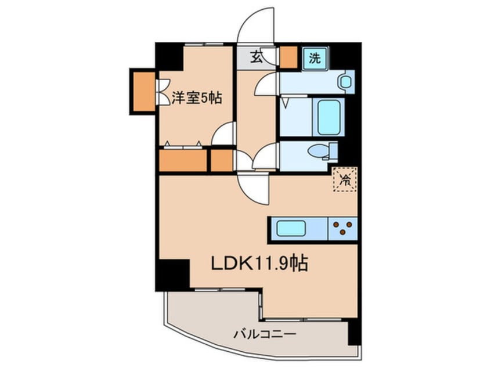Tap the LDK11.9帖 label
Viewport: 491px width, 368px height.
pyautogui.click(x=258, y=265)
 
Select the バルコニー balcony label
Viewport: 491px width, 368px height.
pyautogui.click(x=265, y=335)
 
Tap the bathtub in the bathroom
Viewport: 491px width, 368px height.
pyautogui.click(x=328, y=117)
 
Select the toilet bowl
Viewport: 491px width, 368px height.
pyautogui.click(x=321, y=151)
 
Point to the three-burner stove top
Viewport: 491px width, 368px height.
pyautogui.click(x=344, y=228)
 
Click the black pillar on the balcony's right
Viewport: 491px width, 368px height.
pyautogui.click(x=353, y=333)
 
